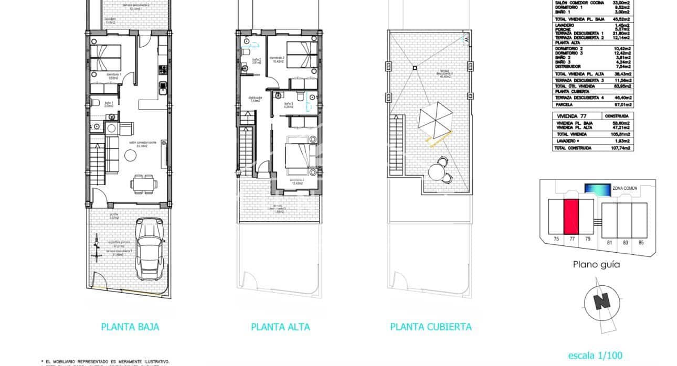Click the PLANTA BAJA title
(x=130, y=327)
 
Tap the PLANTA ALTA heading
(x=280, y=327)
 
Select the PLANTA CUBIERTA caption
(x=431, y=327)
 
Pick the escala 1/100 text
(x=596, y=356)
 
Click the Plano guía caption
(x=596, y=265)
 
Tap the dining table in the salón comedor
(x=143, y=183)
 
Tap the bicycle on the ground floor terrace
(x=97, y=250)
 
